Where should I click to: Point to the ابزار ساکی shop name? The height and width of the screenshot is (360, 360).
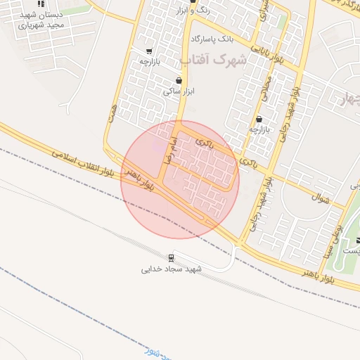click(178, 91)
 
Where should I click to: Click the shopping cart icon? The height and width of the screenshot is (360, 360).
click(149, 51)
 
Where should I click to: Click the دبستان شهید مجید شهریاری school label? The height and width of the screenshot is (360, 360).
click(41, 19)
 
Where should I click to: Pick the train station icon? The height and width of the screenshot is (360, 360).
click(172, 257)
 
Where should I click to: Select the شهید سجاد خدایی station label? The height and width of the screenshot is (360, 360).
click(172, 269)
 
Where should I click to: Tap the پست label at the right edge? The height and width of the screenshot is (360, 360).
click(351, 250)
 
